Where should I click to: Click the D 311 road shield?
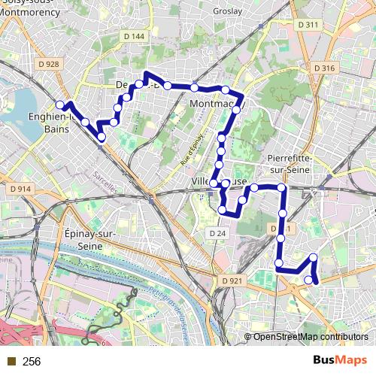tap(308, 25)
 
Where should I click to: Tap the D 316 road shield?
tap(325, 68)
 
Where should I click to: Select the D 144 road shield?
tap(133, 37)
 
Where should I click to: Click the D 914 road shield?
tap(20, 189)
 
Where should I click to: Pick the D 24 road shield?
tap(217, 234)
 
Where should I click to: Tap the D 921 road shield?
tap(232, 280)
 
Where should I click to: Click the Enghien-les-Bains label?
tap(47, 123)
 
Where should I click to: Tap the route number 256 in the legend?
tap(32, 362)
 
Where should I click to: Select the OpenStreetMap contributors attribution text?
tap(309, 336)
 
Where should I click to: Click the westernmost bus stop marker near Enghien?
tap(60, 105)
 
